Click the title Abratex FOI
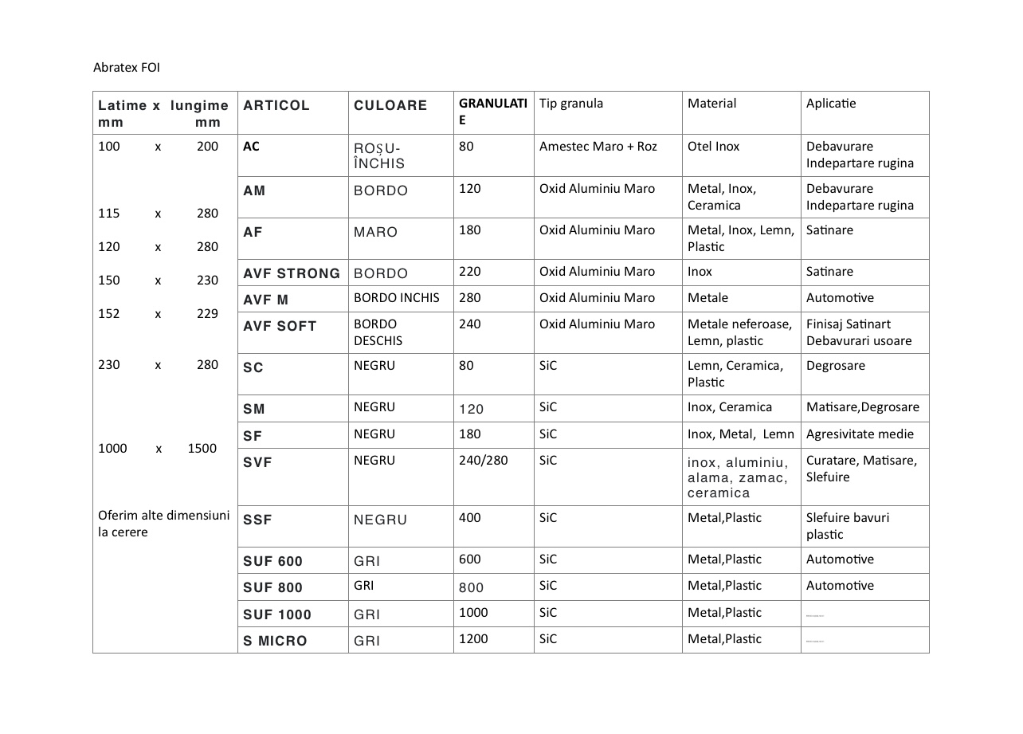point(127,68)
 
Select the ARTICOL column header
point(276,105)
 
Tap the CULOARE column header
point(390,105)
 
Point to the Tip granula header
point(571,104)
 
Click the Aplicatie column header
point(831,104)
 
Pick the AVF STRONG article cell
point(292,273)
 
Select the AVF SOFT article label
point(280,326)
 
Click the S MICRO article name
point(275,641)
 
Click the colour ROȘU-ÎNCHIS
point(379,156)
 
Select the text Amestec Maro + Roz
point(598,147)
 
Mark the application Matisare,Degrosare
point(862,407)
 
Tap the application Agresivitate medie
point(860,434)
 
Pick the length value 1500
point(202,449)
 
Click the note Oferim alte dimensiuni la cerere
point(163,524)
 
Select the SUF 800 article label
point(272,587)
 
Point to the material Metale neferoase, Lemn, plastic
point(739,332)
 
